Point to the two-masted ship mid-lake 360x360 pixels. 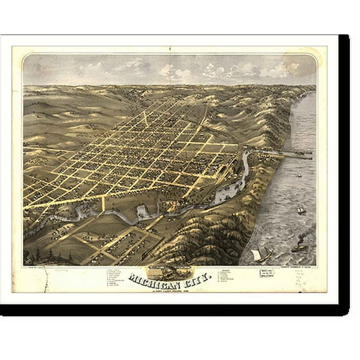tap(301, 209)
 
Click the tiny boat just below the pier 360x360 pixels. tap(298, 175)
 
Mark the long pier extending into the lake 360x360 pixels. tap(284, 152)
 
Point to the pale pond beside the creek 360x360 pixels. tap(142, 211)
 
